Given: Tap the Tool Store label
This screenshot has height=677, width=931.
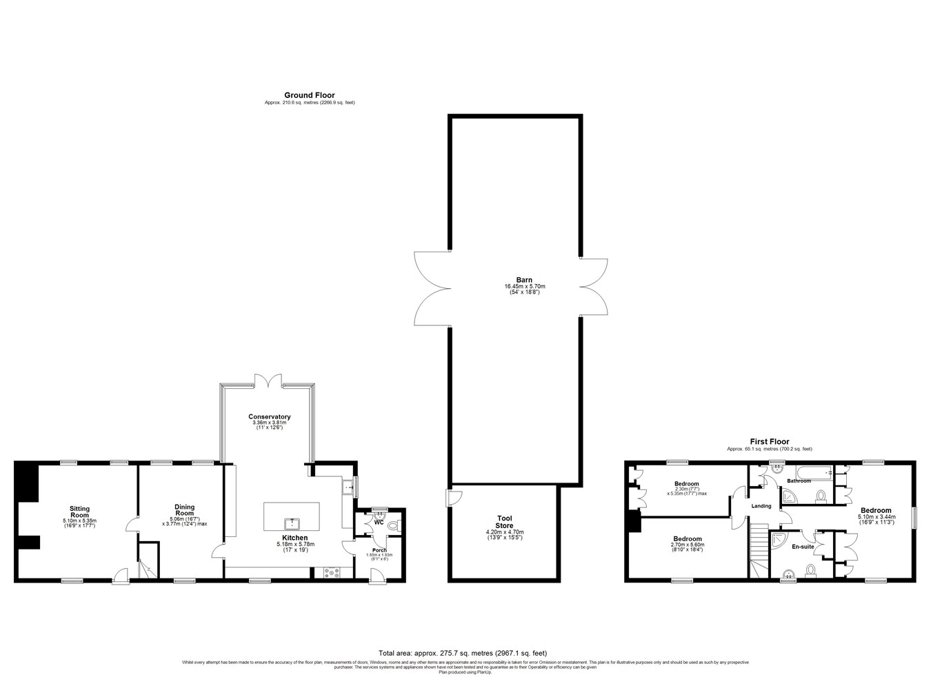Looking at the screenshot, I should pyautogui.click(x=504, y=522).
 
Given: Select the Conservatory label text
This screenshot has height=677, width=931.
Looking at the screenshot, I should pyautogui.click(x=270, y=416).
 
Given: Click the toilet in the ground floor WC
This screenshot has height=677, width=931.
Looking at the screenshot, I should pyautogui.click(x=393, y=526).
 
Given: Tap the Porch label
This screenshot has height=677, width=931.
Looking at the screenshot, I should pyautogui.click(x=379, y=550).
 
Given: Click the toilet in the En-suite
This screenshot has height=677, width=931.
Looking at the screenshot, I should pyautogui.click(x=810, y=570).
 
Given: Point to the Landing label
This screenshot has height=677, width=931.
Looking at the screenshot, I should pyautogui.click(x=761, y=506).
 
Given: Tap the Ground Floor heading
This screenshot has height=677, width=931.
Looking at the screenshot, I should pyautogui.click(x=310, y=95).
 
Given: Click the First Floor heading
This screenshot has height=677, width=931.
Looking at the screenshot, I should pyautogui.click(x=770, y=441).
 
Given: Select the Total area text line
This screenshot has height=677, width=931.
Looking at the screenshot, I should pyautogui.click(x=462, y=653).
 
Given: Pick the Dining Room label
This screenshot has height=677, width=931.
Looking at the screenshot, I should pyautogui.click(x=184, y=509).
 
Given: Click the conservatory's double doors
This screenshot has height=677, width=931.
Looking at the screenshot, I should pyautogui.click(x=268, y=381).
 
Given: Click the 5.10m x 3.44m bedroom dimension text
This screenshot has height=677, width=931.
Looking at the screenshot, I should pyautogui.click(x=876, y=516).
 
